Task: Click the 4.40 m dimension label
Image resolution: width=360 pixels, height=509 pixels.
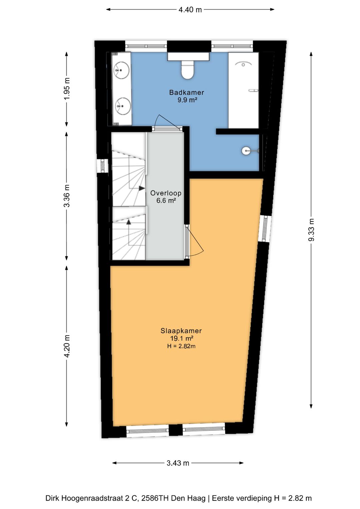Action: pos(190,10)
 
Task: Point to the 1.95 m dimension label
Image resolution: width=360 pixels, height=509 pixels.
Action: pos(67,89)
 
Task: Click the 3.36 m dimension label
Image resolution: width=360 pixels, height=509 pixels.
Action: pos(67,196)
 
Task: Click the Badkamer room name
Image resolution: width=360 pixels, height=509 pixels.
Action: pos(187,92)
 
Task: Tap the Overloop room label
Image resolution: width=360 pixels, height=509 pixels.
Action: pos(166,193)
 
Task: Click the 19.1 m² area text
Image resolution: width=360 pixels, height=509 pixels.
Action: pos(182,338)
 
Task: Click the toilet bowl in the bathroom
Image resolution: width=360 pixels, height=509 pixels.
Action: pos(187,70)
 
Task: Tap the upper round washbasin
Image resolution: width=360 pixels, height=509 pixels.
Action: pos(122,69)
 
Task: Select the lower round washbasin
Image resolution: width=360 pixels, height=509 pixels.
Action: pos(123,105)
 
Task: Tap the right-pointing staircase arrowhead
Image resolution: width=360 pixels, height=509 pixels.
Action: pos(142,188)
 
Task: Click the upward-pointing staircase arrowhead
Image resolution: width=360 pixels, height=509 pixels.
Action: pos(129,222)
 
